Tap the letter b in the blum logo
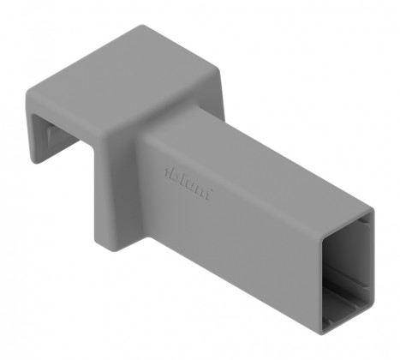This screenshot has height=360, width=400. (169, 171)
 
